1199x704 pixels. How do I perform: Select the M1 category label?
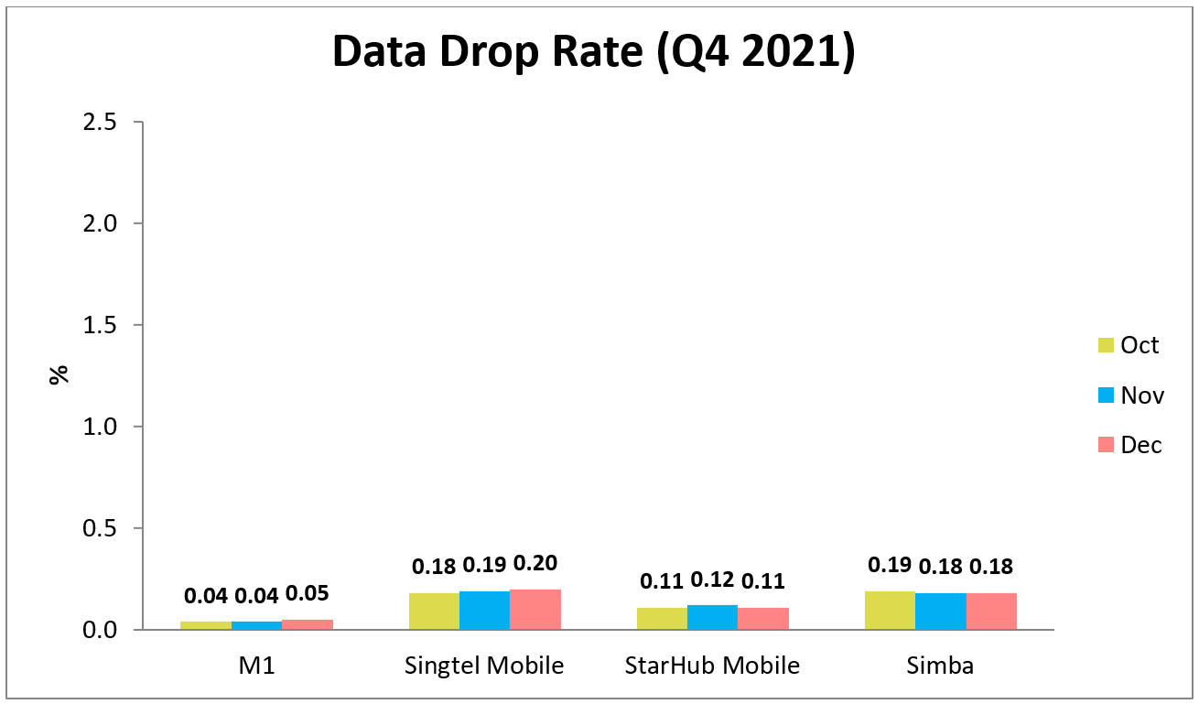coord(256,666)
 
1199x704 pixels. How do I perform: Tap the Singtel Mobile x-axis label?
coord(484,666)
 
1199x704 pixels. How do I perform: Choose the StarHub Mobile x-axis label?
coord(712,666)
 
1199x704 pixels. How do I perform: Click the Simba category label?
coord(940,666)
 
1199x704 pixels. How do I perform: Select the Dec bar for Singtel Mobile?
coord(535,610)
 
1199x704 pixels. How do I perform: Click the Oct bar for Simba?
coord(890,611)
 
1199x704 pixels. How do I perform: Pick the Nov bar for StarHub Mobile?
coord(712,618)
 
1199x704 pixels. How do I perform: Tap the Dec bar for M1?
coord(308,624)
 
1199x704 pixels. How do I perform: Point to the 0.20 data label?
coord(535,563)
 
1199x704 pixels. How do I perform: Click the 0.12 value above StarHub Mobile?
coord(712,579)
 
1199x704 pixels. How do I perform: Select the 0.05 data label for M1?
coord(308,594)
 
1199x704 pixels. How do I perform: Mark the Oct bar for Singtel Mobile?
coord(434,612)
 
